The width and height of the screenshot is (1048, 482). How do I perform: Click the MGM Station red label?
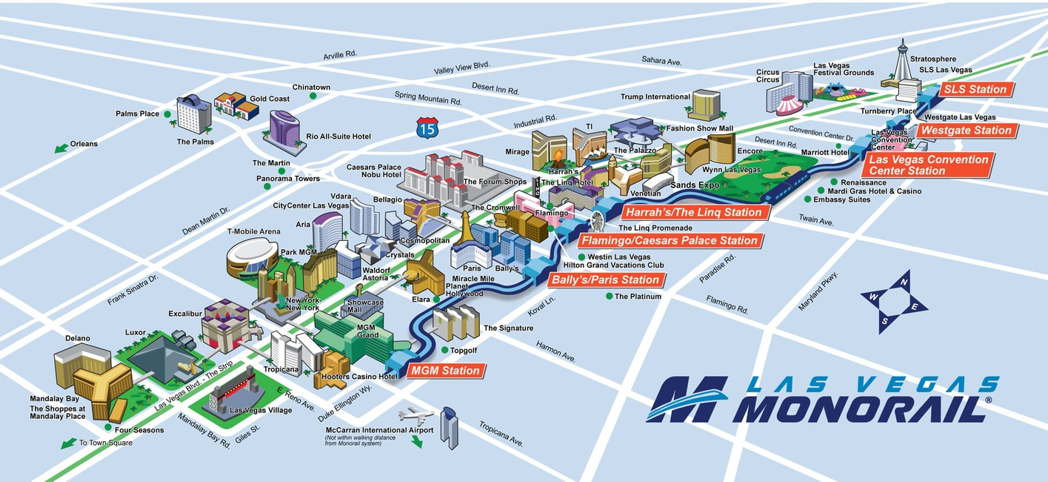coord(445,371)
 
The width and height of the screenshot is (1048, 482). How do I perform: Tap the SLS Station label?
coord(974,90)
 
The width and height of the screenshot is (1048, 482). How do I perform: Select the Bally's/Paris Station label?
coord(604,280)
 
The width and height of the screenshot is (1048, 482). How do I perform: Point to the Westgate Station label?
coord(965,131)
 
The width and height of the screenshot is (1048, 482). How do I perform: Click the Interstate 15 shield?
coord(427,128)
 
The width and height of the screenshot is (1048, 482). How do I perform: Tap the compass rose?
coord(894,301)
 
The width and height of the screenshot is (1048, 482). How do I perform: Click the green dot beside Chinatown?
coord(313,96)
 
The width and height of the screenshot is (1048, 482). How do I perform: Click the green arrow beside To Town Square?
coord(68,443)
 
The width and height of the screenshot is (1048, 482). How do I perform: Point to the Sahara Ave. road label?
coord(661,61)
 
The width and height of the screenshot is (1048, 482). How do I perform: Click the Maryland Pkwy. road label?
coord(818,291)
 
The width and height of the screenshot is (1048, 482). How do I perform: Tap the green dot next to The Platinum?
coord(609,297)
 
